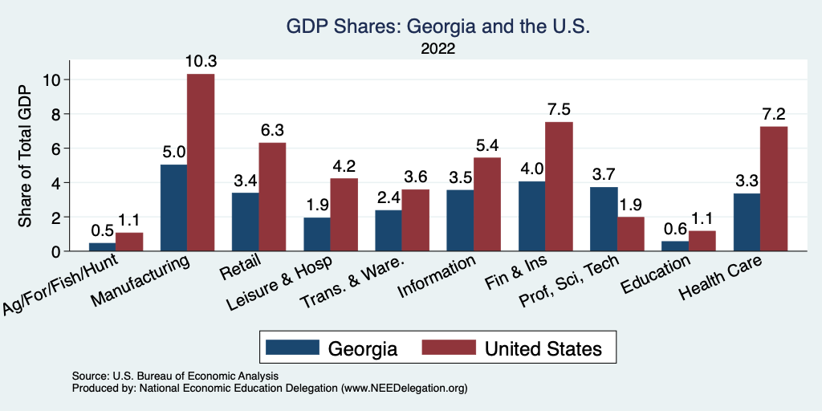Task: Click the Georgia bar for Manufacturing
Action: point(173,208)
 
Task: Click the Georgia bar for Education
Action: point(675,246)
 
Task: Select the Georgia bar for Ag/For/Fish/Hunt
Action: point(102,246)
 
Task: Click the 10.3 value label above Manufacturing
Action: point(201,61)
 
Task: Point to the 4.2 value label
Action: point(344,165)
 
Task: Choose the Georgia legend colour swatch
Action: point(291,348)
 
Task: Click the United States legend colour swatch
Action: point(449,348)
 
